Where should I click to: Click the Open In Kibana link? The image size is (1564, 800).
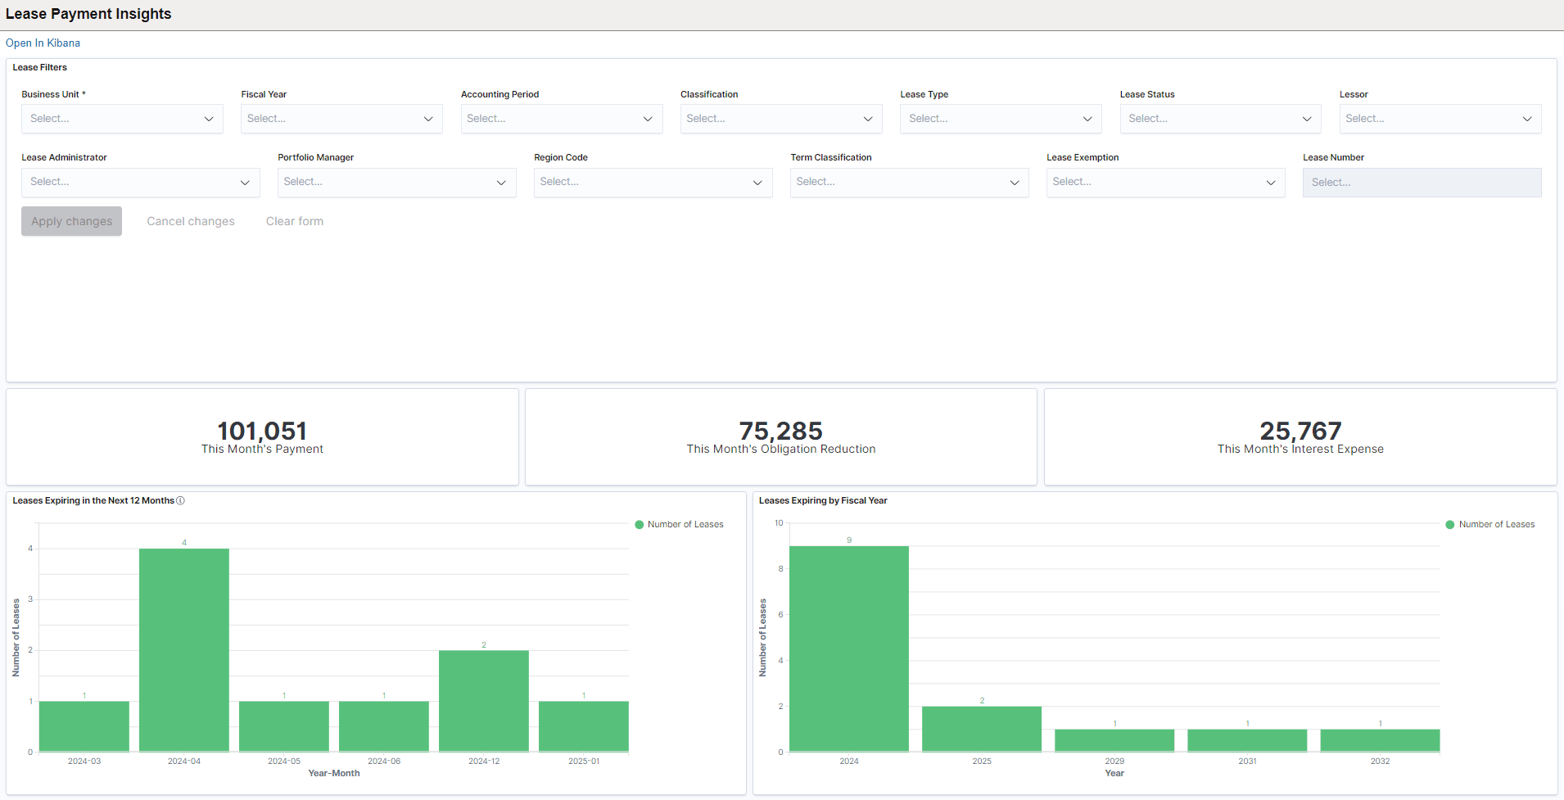[x=43, y=43]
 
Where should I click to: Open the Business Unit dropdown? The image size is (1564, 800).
[x=122, y=119]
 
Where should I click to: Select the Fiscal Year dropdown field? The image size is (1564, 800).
[x=341, y=119]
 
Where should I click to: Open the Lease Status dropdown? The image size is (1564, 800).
[x=1220, y=119]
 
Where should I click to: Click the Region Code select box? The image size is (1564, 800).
[x=653, y=182]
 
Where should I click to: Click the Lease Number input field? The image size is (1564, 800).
[x=1422, y=183]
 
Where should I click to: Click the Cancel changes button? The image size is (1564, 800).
[x=191, y=222]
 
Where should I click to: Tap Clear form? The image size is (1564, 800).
[x=295, y=222]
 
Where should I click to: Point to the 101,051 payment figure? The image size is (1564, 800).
[x=262, y=431]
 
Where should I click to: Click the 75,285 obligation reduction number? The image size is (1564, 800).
[x=780, y=431]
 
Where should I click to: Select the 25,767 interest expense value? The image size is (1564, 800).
[x=1300, y=431]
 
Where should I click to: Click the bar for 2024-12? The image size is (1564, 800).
[x=484, y=701]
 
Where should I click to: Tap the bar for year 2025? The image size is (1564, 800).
[x=982, y=729]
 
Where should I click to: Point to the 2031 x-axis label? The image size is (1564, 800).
[x=1247, y=762]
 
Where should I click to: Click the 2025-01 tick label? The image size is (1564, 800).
[x=584, y=762]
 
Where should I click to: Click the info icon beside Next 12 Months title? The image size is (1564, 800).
[x=181, y=501]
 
